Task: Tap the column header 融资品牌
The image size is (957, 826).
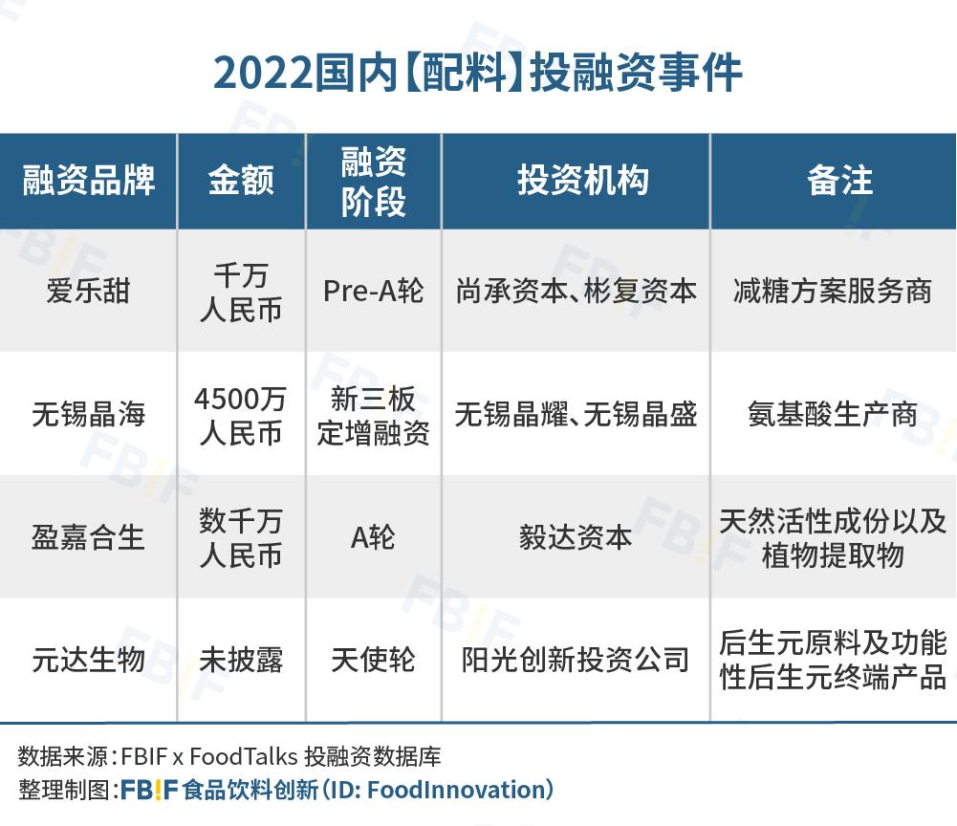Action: (x=88, y=181)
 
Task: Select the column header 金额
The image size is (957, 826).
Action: (x=241, y=181)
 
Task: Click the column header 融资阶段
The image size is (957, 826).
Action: (x=373, y=181)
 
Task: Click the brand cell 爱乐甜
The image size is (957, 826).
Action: (x=88, y=291)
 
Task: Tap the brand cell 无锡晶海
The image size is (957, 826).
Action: (x=88, y=414)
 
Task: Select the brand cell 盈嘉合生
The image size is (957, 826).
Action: (x=88, y=537)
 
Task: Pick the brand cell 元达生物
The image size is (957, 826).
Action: (x=88, y=660)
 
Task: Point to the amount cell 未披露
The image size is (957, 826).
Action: (x=241, y=660)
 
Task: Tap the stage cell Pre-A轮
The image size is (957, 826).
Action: (x=373, y=291)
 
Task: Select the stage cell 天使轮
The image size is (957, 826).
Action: (x=373, y=660)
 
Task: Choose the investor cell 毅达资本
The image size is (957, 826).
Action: (x=576, y=537)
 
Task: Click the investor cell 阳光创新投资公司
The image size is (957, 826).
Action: (x=576, y=660)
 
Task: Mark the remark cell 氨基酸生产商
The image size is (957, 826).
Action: (x=833, y=414)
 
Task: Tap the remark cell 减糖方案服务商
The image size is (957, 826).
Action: (x=833, y=291)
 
